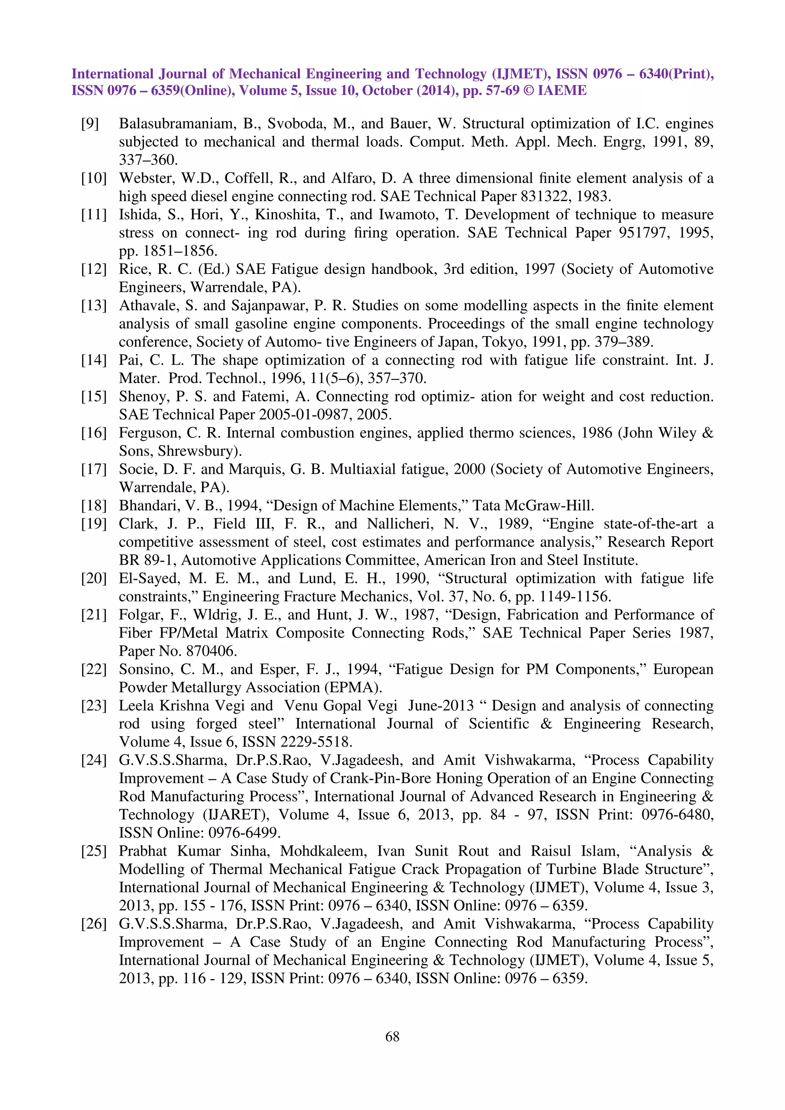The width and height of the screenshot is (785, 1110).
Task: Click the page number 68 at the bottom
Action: (392, 1036)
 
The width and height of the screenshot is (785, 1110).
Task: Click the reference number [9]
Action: (90, 124)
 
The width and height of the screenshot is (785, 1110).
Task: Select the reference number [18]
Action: (94, 506)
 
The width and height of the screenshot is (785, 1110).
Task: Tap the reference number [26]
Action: (94, 924)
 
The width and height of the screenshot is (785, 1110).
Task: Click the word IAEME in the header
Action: (562, 90)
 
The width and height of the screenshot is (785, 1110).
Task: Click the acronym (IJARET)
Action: (236, 815)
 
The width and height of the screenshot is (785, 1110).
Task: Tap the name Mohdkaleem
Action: (324, 851)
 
